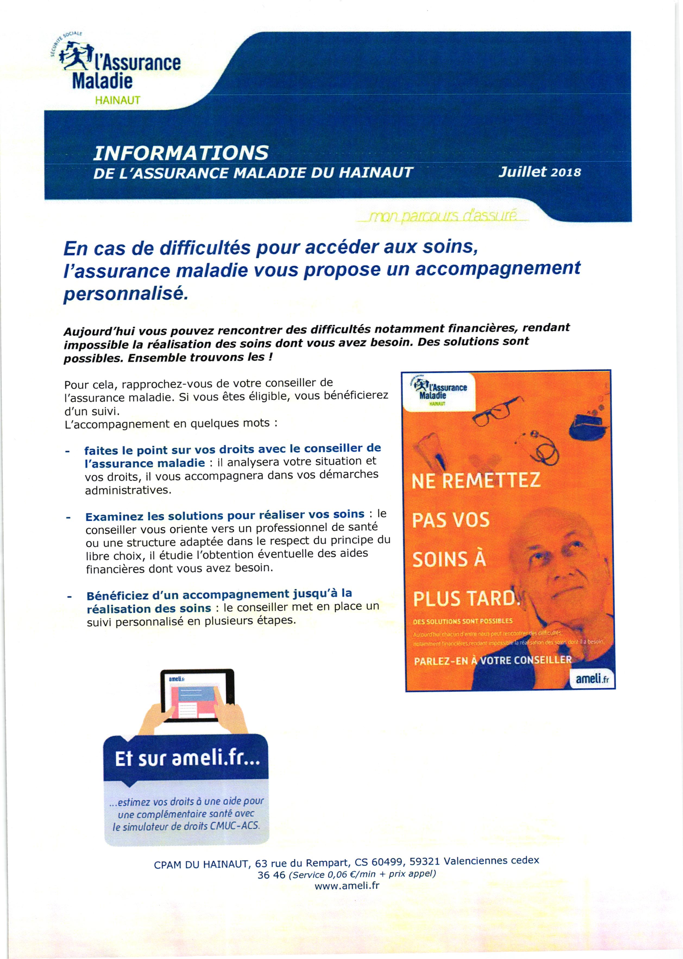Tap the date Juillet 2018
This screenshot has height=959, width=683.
pyautogui.click(x=539, y=172)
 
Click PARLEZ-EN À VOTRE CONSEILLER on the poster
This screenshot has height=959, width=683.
pyautogui.click(x=492, y=660)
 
